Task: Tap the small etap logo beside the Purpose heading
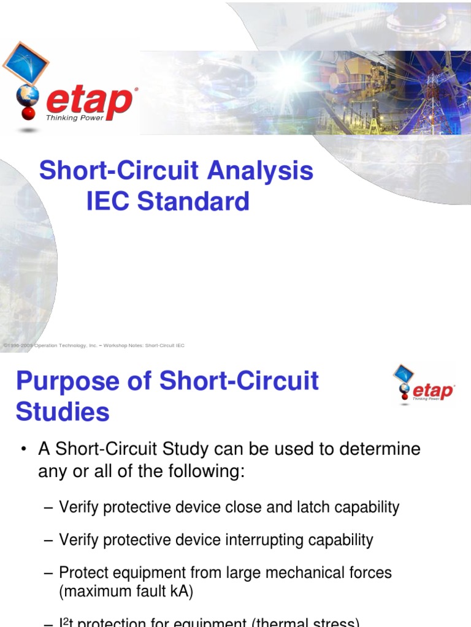pyautogui.click(x=424, y=386)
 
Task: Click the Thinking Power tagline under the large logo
pyautogui.click(x=75, y=118)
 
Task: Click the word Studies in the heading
pyautogui.click(x=63, y=411)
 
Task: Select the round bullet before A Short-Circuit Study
pyautogui.click(x=23, y=450)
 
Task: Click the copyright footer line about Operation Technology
pyautogui.click(x=93, y=346)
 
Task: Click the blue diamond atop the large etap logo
pyautogui.click(x=26, y=62)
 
